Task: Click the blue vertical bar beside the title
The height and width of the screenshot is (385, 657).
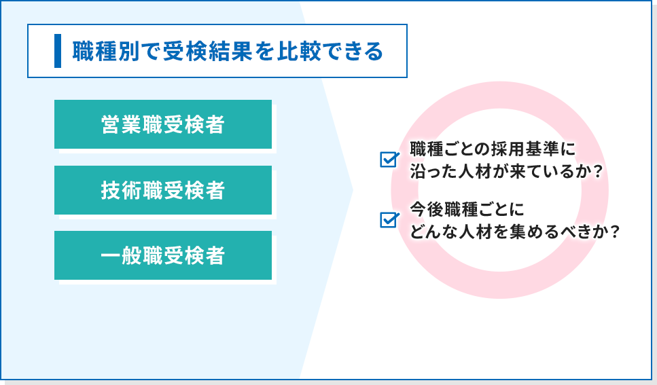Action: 58,51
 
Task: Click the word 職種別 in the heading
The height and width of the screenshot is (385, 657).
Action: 106,51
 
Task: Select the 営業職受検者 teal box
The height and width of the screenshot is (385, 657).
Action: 163,124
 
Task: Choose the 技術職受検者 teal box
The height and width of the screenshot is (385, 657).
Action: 163,190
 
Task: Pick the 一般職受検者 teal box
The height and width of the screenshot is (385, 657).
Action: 163,255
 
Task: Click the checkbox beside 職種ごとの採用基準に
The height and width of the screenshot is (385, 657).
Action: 389,159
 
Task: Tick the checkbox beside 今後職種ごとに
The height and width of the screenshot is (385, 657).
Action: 389,219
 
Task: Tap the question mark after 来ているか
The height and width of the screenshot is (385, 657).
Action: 598,172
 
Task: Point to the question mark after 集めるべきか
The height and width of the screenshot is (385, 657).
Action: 615,232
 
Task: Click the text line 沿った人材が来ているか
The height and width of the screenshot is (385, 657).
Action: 501,172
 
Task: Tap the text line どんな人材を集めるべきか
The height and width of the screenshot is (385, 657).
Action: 510,232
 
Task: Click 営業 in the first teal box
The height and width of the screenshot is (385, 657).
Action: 122,124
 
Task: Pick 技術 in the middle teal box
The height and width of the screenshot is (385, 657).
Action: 122,190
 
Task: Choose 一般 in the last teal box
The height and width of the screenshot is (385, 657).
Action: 122,255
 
